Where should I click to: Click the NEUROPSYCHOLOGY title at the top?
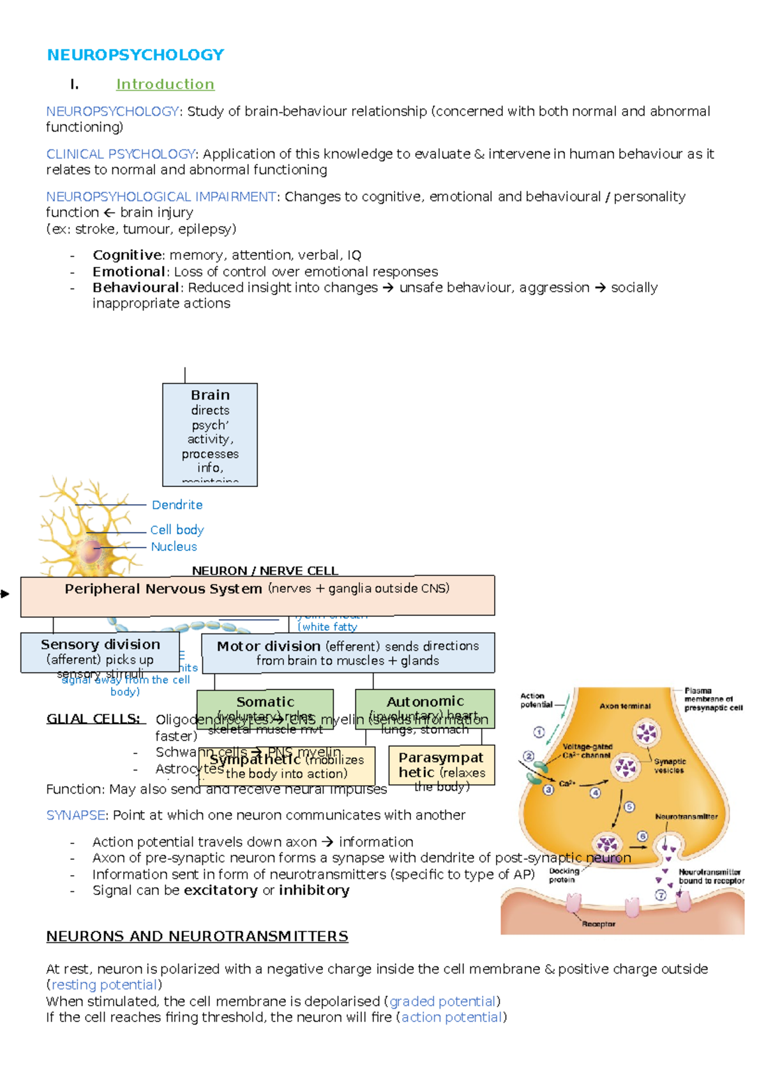pos(135,55)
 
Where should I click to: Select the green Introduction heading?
pos(165,84)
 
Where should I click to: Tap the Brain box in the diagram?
pos(210,434)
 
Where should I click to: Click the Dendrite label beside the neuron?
pos(177,505)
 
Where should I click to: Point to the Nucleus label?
pos(174,546)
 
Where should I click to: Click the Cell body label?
pos(177,530)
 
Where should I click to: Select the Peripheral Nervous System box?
pos(257,596)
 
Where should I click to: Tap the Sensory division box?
pos(100,652)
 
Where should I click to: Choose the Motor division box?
pos(348,652)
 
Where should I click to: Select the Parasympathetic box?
pos(441,765)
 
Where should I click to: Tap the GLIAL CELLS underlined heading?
pos(93,719)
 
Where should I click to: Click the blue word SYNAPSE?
pos(75,815)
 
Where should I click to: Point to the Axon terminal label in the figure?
pos(625,706)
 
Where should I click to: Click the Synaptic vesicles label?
pos(670,766)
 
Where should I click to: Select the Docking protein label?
pos(564,875)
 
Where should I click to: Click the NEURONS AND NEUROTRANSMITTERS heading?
pos(197,937)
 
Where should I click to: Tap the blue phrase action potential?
pos(451,1017)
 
